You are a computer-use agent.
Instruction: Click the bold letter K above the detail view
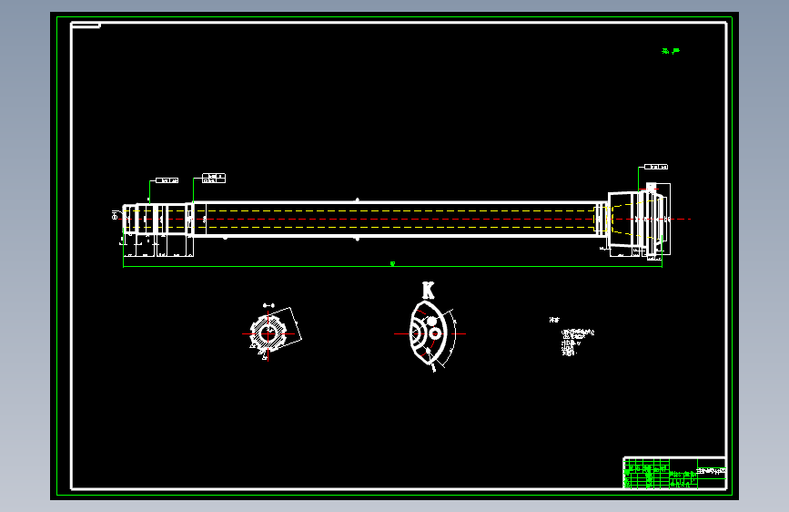[x=428, y=291]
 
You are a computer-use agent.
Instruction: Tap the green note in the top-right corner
[x=671, y=52]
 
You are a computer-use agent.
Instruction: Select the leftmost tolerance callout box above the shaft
[x=167, y=180]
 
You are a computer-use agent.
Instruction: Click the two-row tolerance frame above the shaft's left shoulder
[x=213, y=177]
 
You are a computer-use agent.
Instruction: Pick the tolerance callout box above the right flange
[x=656, y=168]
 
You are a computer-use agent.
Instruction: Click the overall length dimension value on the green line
[x=392, y=264]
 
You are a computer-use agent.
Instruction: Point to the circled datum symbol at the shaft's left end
[x=116, y=216]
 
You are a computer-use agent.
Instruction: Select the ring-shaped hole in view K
[x=436, y=334]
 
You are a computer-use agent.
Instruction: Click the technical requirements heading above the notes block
[x=553, y=320]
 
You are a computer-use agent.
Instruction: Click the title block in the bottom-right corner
[x=674, y=473]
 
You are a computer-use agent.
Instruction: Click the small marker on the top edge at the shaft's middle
[x=358, y=200]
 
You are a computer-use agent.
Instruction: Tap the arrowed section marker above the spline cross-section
[x=268, y=304]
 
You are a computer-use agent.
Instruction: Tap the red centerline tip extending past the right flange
[x=687, y=220]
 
